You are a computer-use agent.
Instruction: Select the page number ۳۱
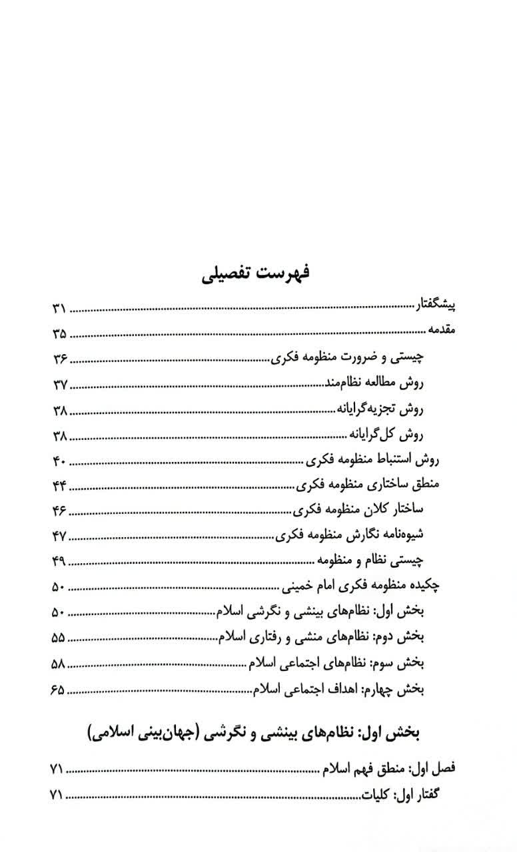(59, 309)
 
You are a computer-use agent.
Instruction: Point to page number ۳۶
(59, 359)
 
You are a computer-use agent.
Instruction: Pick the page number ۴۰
(59, 461)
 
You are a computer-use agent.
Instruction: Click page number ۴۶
(59, 511)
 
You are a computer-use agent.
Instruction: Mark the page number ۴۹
(59, 562)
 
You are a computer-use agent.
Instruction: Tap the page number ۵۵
(59, 638)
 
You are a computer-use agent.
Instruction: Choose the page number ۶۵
(59, 688)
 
